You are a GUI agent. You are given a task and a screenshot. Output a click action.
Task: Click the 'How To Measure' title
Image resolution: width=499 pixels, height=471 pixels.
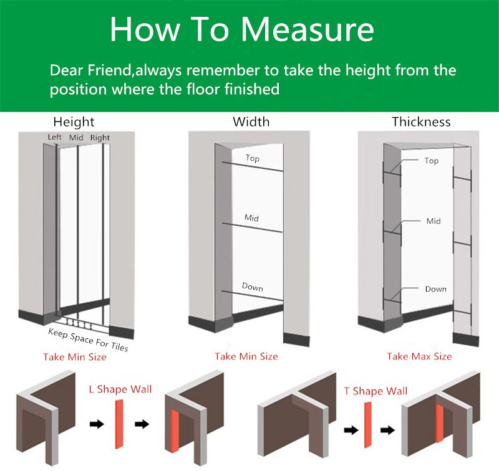pyautogui.click(x=242, y=29)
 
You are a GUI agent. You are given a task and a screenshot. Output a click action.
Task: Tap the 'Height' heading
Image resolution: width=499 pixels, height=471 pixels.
pyautogui.click(x=74, y=122)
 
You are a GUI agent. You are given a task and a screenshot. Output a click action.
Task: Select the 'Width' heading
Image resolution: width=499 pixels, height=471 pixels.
pyautogui.click(x=251, y=121)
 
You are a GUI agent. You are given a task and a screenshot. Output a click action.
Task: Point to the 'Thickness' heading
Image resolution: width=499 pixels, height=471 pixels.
pyautogui.click(x=421, y=121)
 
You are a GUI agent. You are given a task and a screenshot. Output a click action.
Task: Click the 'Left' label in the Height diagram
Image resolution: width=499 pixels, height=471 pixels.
pyautogui.click(x=54, y=137)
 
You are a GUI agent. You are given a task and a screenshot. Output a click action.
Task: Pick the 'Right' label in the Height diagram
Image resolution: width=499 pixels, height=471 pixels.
pyautogui.click(x=100, y=138)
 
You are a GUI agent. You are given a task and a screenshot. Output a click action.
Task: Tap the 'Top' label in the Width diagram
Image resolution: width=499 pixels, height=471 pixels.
pyautogui.click(x=253, y=158)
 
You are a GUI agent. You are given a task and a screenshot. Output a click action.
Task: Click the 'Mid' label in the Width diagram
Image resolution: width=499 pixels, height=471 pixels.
pyautogui.click(x=251, y=217)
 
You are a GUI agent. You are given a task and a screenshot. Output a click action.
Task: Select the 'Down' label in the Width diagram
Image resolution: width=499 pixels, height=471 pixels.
pyautogui.click(x=253, y=287)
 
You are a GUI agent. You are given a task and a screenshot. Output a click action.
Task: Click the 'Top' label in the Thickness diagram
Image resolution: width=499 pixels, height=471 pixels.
pyautogui.click(x=432, y=161)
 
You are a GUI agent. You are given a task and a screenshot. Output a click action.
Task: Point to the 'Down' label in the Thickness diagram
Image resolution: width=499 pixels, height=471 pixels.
pyautogui.click(x=435, y=289)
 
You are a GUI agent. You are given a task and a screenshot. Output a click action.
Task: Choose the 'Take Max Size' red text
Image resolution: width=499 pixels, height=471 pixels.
pyautogui.click(x=419, y=356)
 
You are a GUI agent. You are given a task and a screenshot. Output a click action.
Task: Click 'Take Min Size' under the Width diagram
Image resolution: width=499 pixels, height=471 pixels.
pyautogui.click(x=246, y=356)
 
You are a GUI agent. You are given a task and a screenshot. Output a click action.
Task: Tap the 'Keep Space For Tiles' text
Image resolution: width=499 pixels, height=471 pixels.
pyautogui.click(x=88, y=340)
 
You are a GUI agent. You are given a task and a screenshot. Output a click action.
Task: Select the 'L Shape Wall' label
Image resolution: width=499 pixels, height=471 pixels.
pyautogui.click(x=120, y=389)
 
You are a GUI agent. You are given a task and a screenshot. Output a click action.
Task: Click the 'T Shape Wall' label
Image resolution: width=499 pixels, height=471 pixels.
pyautogui.click(x=376, y=391)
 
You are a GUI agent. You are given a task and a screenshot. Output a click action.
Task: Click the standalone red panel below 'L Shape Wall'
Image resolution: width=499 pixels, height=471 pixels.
pyautogui.click(x=119, y=424)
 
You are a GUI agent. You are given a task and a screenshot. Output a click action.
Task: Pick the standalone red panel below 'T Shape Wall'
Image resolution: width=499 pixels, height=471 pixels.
pyautogui.click(x=367, y=425)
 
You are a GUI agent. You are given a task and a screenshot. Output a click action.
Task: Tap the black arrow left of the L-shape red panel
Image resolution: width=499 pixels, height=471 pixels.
pyautogui.click(x=97, y=424)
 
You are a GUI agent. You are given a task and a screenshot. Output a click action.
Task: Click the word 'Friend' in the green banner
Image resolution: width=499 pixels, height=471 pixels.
pyautogui.click(x=110, y=70)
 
